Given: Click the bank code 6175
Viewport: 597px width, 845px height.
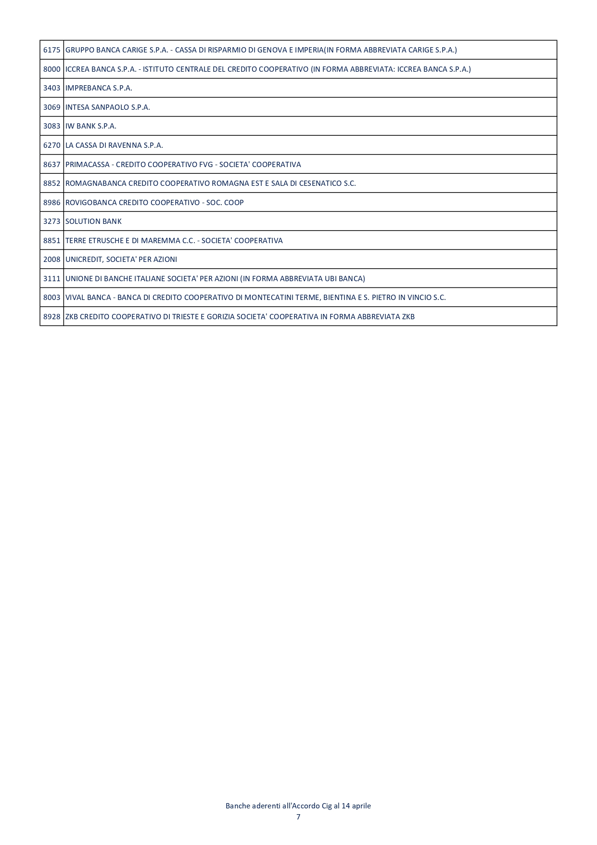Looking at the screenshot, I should point(52,50).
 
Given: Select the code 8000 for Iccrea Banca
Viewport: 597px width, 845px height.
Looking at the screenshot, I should point(52,69).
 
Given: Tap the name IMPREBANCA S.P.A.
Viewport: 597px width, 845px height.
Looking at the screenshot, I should point(99,88).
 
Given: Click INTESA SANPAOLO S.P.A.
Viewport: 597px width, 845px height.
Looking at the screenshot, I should point(108,107).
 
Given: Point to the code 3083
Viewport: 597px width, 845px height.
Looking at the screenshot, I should point(52,126).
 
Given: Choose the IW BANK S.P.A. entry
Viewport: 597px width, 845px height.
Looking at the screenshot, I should point(91,126).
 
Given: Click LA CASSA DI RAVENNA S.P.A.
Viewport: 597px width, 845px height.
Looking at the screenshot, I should point(114,145).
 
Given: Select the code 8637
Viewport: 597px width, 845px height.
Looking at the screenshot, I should point(52,165).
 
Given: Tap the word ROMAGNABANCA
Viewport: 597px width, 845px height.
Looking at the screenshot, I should point(96,183).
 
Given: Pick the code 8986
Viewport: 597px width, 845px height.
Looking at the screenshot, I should point(52,203).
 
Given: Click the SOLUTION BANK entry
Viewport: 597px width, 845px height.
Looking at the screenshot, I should point(93,221).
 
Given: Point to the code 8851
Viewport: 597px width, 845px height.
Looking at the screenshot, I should point(52,241).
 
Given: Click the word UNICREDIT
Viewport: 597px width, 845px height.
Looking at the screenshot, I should point(84,260).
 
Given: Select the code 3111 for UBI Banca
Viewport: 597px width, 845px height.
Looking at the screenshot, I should point(52,279).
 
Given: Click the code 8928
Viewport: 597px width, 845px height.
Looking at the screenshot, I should point(52,317).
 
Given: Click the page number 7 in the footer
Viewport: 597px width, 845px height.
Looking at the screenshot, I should point(298,817).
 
